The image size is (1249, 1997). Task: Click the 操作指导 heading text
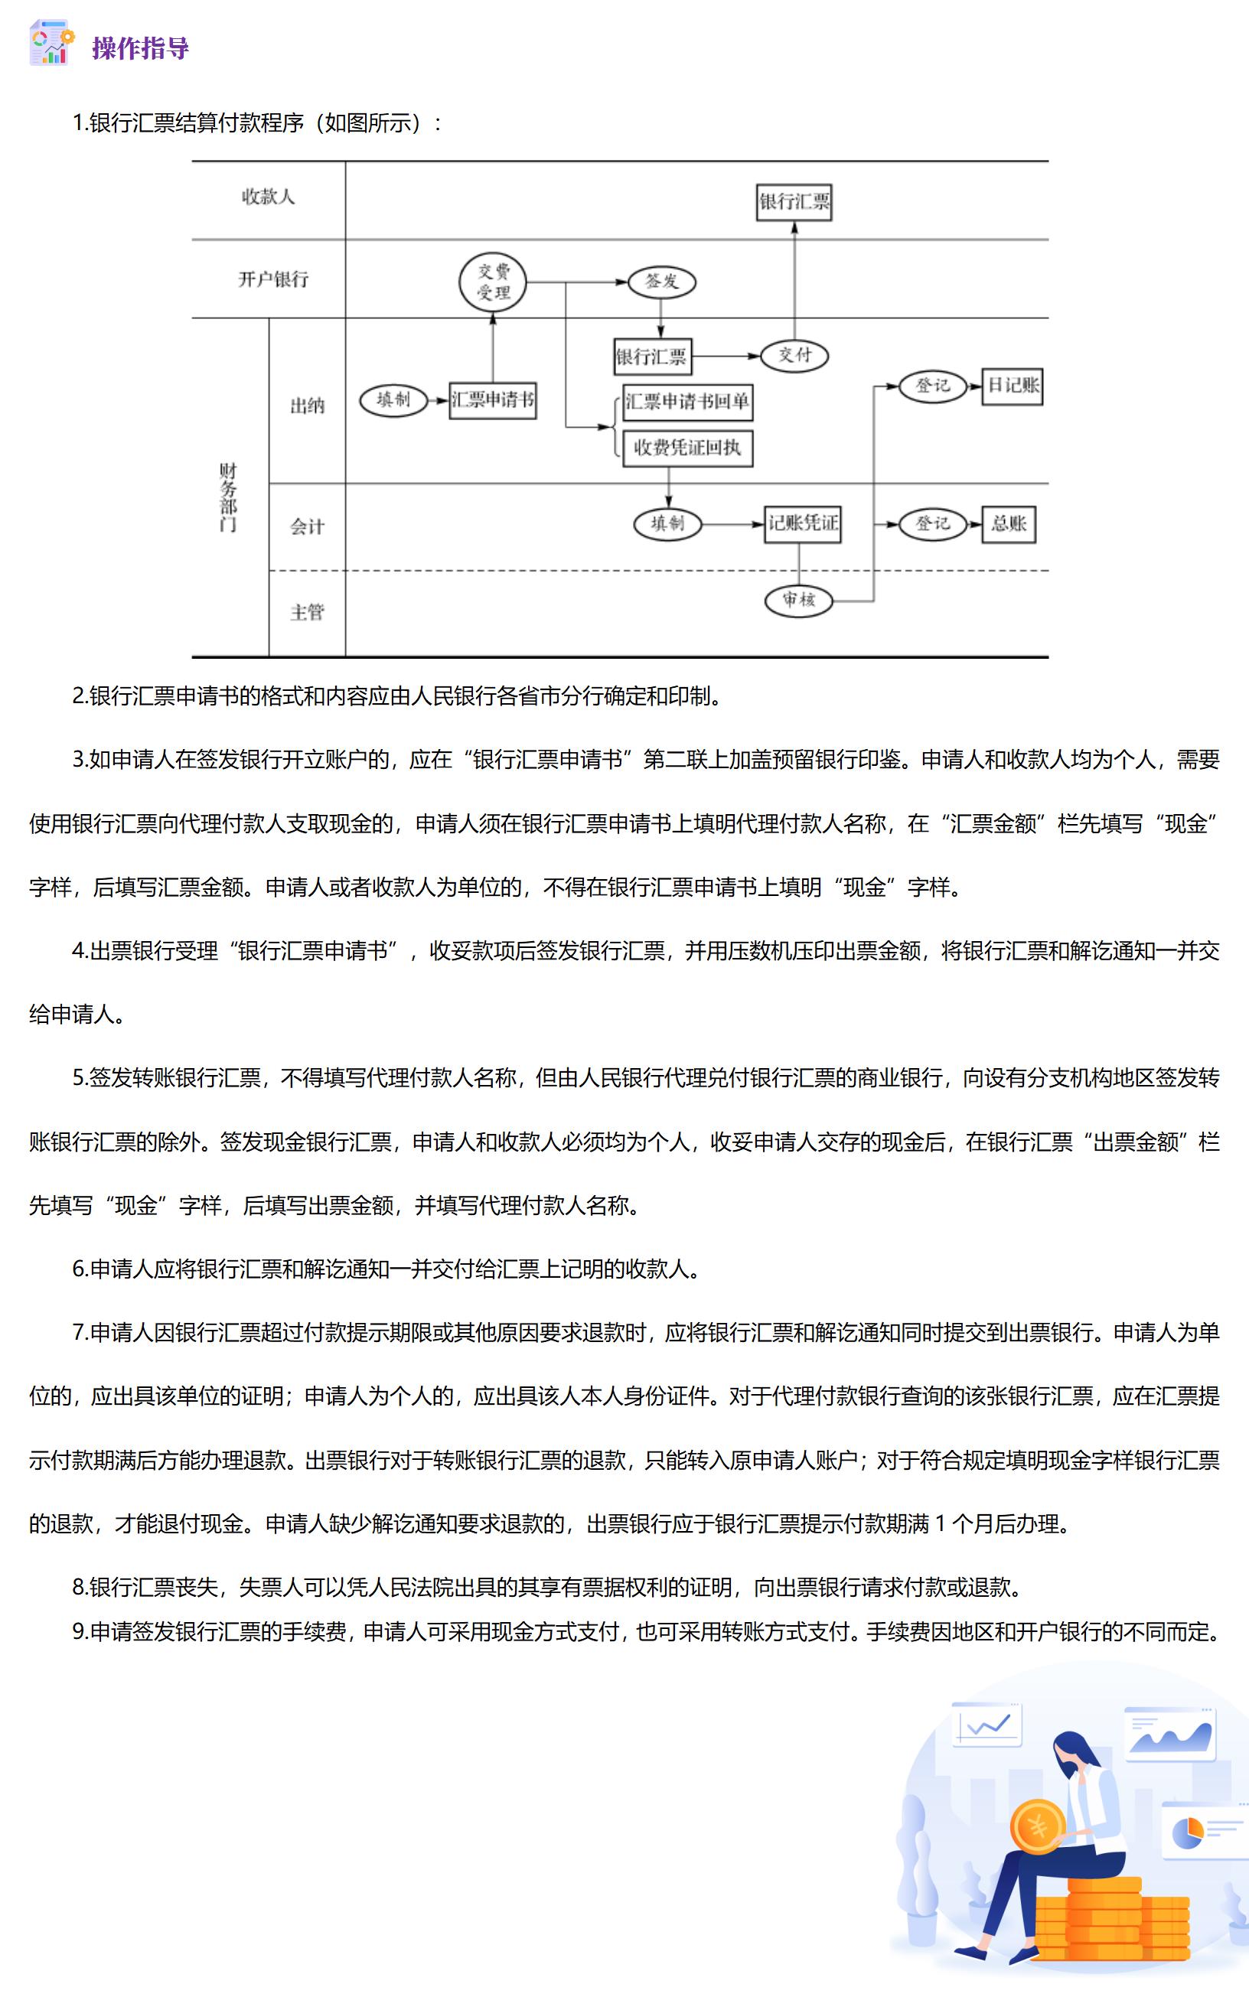pyautogui.click(x=140, y=48)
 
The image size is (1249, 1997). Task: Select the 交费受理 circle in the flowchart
pyautogui.click(x=493, y=282)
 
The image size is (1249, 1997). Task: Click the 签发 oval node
pyautogui.click(x=662, y=282)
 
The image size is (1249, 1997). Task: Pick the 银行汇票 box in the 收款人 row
pyautogui.click(x=794, y=202)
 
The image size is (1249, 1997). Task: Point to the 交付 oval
pyautogui.click(x=794, y=355)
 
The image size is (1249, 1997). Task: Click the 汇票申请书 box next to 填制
pyautogui.click(x=492, y=401)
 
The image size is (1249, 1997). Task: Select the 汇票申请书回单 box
pyautogui.click(x=687, y=402)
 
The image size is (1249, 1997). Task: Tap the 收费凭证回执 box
pyautogui.click(x=687, y=448)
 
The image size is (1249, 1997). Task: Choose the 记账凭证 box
pyautogui.click(x=802, y=523)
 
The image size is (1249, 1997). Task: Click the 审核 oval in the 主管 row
pyautogui.click(x=798, y=600)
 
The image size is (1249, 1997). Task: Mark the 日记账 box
pyautogui.click(x=1012, y=386)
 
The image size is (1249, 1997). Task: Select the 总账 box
pyautogui.click(x=1009, y=523)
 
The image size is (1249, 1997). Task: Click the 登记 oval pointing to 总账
pyautogui.click(x=933, y=523)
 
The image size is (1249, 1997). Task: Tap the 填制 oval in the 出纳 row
pyautogui.click(x=393, y=401)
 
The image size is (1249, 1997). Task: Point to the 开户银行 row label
pyautogui.click(x=273, y=280)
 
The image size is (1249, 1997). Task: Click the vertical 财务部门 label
pyautogui.click(x=228, y=497)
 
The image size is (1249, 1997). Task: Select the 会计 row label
pyautogui.click(x=308, y=527)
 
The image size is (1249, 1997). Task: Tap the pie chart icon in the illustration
pyautogui.click(x=1188, y=1832)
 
